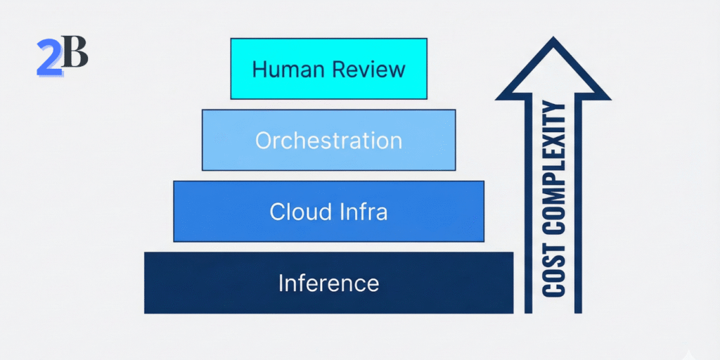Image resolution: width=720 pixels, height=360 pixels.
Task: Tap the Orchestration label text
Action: point(328,141)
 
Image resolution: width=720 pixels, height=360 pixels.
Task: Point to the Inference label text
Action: point(328,283)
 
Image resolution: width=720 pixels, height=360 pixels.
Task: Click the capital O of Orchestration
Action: point(263,141)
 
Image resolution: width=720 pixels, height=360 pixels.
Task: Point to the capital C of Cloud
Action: point(277,212)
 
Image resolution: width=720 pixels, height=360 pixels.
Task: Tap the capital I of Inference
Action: point(281,283)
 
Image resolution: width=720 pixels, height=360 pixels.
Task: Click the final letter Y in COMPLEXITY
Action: point(555,111)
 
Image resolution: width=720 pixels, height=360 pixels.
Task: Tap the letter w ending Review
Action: point(397,70)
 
